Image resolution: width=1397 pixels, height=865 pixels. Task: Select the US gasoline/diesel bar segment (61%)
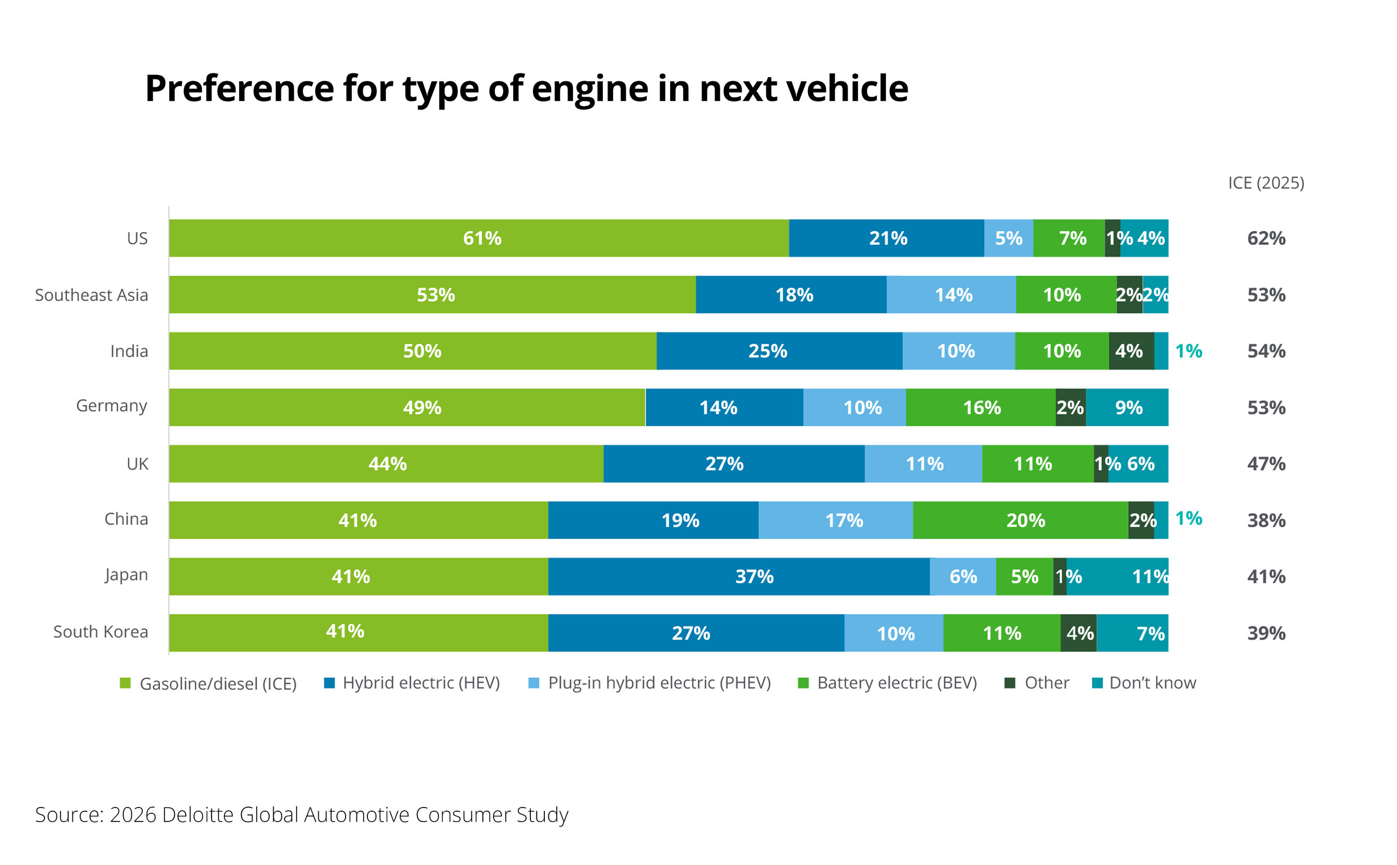(478, 238)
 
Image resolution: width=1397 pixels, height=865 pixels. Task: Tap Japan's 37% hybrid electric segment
(738, 576)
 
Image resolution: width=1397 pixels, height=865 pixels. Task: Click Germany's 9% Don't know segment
(1126, 407)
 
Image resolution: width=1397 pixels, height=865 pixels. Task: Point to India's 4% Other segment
(1131, 351)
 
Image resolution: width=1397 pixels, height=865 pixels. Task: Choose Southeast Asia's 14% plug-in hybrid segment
(951, 294)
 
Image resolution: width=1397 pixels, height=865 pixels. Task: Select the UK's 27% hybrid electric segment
(733, 464)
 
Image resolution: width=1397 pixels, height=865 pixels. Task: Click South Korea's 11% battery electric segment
(1001, 633)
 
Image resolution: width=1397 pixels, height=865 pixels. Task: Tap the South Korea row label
(101, 632)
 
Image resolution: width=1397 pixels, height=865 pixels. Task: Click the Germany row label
(112, 406)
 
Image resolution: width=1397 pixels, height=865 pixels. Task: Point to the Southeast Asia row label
(92, 294)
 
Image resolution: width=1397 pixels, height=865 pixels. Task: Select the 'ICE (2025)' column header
(1266, 183)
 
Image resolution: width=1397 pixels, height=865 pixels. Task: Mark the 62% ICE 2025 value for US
(1266, 238)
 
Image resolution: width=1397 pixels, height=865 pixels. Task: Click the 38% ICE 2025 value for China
(1266, 520)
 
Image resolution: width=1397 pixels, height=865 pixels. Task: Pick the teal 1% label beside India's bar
(1187, 351)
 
